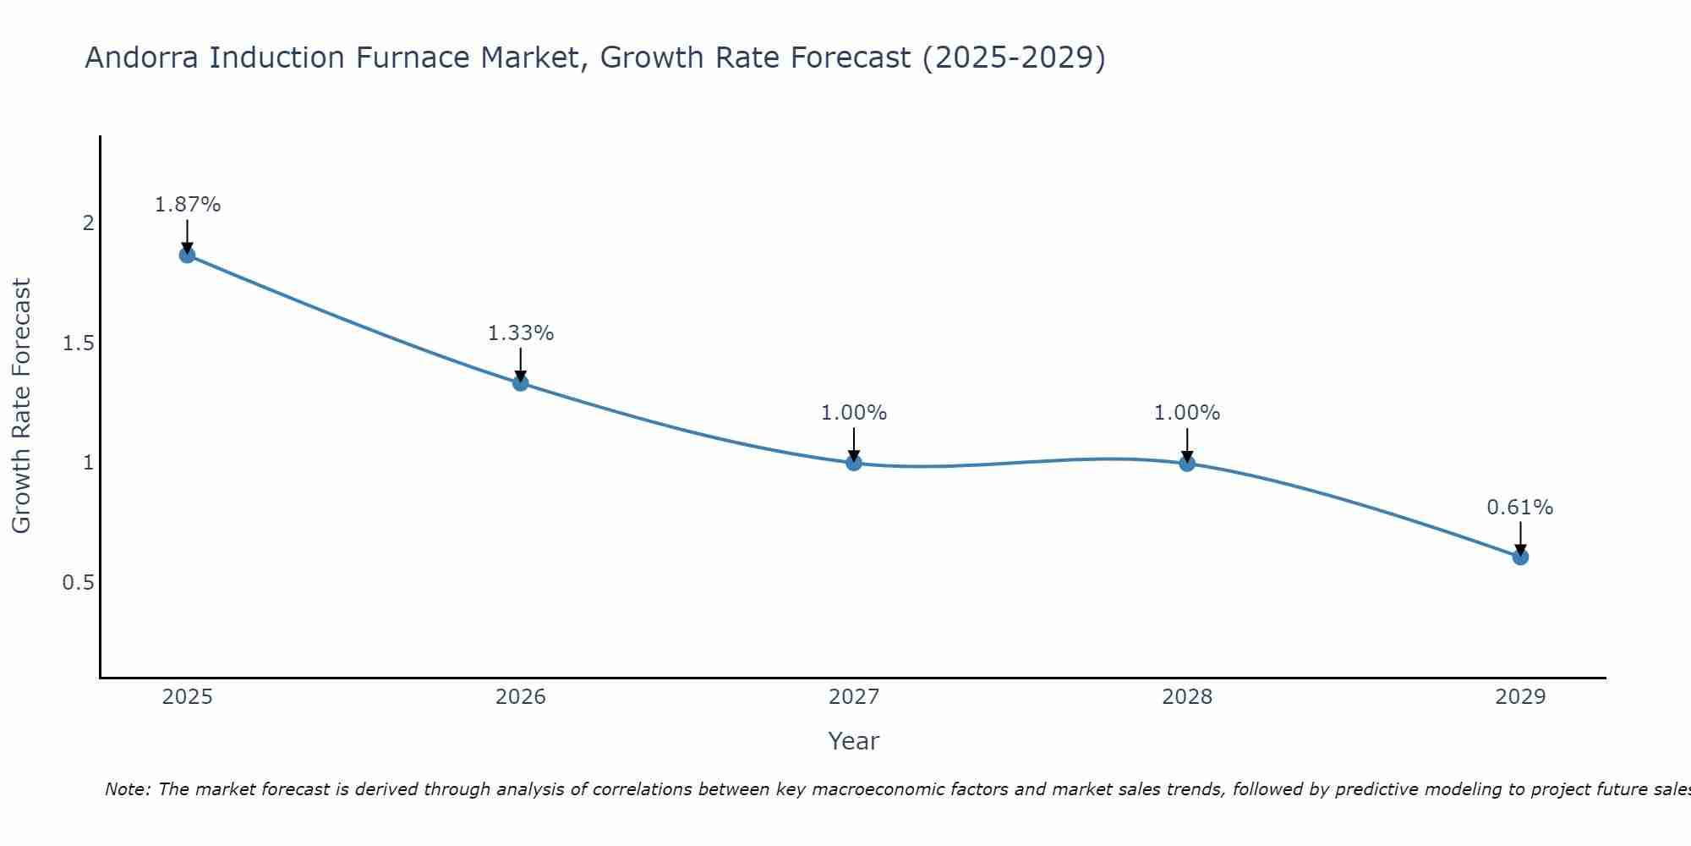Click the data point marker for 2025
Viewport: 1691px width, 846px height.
(188, 255)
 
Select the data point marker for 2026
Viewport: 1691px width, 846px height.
(521, 383)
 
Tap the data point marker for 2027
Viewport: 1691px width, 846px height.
(854, 463)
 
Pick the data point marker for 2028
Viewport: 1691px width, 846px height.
(1187, 463)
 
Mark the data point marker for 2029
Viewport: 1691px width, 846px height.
(1520, 557)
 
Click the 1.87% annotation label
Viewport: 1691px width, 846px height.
(188, 205)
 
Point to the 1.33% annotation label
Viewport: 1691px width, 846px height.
(521, 333)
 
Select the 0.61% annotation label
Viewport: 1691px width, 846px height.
(1520, 508)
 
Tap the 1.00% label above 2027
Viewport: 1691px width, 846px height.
(854, 413)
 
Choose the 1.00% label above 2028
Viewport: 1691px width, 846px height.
(1187, 413)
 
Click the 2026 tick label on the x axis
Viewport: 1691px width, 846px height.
(521, 697)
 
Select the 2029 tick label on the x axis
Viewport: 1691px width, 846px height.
(1520, 697)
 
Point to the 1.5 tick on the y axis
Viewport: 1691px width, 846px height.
(78, 343)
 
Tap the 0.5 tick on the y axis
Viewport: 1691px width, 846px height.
(78, 583)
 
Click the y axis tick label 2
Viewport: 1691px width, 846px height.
(88, 223)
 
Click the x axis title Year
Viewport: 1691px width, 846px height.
(854, 741)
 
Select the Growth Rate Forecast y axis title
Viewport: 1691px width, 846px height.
(21, 406)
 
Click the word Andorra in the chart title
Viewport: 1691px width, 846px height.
(143, 58)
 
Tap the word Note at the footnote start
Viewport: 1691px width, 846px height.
(127, 789)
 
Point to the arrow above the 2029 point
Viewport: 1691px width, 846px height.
(1520, 536)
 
